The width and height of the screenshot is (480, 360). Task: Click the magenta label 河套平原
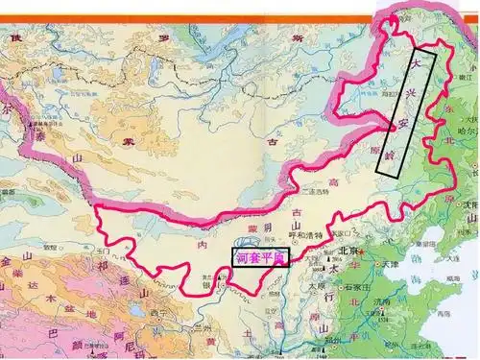click(260, 257)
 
